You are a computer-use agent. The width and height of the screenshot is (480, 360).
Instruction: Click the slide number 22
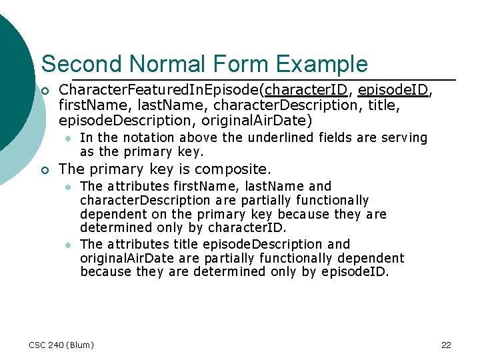[x=446, y=345]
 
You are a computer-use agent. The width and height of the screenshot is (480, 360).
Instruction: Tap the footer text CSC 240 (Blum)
[x=61, y=345]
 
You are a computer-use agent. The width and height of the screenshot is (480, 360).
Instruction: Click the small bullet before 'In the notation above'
[x=67, y=138]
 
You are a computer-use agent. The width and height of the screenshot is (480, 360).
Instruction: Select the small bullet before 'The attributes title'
[x=67, y=245]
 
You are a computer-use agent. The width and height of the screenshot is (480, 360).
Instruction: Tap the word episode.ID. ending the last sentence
[x=356, y=271]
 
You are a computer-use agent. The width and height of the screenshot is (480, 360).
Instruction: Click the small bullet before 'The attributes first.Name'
[x=67, y=187]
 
